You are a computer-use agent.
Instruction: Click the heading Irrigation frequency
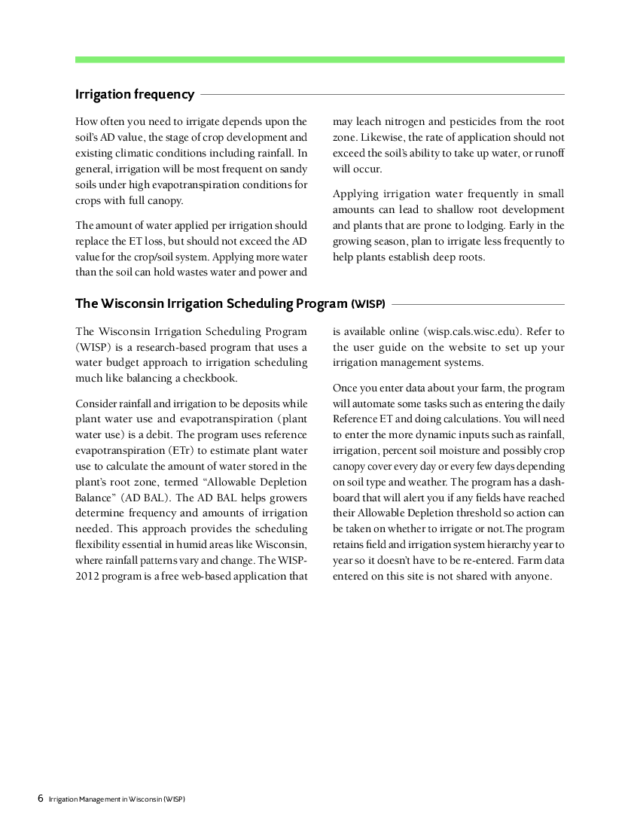[135, 94]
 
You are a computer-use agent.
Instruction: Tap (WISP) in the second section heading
[368, 304]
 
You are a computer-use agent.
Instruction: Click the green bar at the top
[319, 59]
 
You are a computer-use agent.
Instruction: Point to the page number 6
[41, 798]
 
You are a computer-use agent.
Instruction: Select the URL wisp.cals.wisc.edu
[473, 331]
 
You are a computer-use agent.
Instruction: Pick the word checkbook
[210, 379]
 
